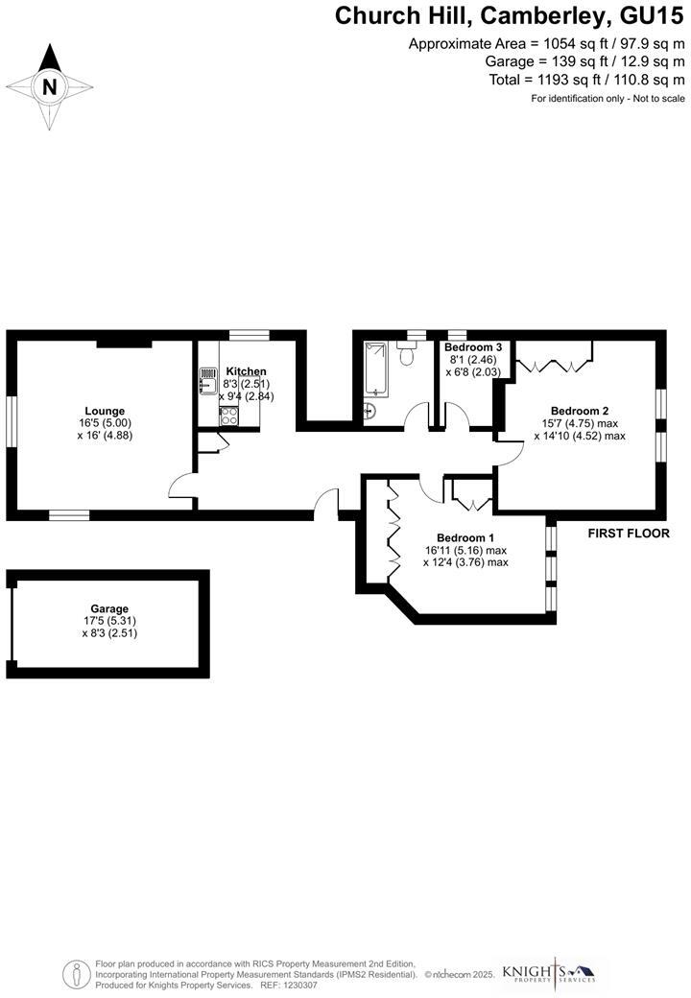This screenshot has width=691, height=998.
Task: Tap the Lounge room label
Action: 105,411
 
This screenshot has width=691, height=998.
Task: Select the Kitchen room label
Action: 246,371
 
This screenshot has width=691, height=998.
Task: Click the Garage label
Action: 109,608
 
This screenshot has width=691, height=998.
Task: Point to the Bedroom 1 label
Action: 465,537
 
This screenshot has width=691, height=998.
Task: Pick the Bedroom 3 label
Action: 473,347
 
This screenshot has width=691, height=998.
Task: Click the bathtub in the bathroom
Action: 375,369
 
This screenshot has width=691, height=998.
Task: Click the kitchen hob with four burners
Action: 229,416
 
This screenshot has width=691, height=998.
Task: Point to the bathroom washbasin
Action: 369,412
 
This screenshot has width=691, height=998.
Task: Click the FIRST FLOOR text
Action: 629,534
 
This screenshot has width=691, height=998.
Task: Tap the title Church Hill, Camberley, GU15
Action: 510,15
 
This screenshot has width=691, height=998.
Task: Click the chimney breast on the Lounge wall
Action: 123,341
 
